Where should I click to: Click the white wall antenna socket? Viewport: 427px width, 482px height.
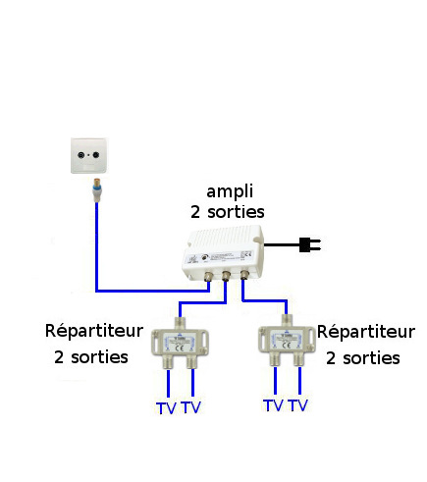click(88, 155)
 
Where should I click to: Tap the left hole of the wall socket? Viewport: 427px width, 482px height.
click(80, 155)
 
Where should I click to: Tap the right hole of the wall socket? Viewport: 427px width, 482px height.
click(96, 155)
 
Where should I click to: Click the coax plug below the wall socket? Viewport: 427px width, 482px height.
click(97, 190)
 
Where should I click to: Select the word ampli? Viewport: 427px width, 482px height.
click(230, 191)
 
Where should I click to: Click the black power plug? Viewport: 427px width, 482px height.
click(309, 244)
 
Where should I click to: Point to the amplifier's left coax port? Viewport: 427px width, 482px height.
click(208, 276)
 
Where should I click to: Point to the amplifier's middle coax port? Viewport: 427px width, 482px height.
click(226, 276)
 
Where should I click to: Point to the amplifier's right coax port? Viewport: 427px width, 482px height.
click(244, 274)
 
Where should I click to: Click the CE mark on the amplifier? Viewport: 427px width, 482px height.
click(247, 254)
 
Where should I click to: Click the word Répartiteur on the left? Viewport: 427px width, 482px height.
click(94, 331)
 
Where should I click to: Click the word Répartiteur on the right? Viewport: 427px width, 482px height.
click(366, 332)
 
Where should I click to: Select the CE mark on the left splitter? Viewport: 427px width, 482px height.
click(180, 348)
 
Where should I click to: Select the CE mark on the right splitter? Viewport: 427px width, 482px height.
click(287, 345)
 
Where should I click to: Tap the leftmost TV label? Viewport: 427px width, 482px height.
click(166, 408)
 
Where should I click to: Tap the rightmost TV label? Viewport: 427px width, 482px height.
click(298, 405)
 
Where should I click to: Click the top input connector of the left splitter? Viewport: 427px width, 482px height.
click(180, 323)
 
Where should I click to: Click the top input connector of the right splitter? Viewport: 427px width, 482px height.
click(287, 321)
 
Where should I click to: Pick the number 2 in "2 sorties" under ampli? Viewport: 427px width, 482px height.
click(195, 212)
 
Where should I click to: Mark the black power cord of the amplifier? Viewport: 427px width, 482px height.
click(282, 244)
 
